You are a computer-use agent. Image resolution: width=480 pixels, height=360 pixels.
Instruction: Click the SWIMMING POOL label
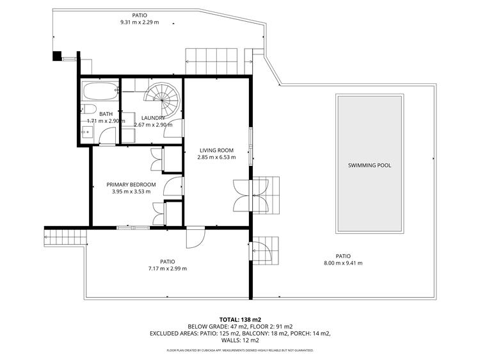369,165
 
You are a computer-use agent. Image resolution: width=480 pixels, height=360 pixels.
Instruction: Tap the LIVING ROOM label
216,151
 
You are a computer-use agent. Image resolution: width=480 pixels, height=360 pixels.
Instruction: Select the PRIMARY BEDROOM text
131,184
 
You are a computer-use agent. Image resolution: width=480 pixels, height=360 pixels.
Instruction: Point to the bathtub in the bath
100,91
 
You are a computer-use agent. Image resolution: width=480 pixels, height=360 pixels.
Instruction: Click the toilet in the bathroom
88,109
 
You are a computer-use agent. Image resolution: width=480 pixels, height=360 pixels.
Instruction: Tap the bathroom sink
87,132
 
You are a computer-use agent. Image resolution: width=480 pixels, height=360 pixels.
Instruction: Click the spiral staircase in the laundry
163,99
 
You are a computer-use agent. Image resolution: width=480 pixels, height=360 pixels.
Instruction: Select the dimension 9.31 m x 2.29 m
140,22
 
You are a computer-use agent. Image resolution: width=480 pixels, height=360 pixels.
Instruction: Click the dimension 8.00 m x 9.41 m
343,263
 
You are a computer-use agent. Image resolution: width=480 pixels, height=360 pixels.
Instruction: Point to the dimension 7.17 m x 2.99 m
168,268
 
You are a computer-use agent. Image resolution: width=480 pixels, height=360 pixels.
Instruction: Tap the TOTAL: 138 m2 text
240,320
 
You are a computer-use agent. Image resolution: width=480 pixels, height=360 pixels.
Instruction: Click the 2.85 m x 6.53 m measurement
216,158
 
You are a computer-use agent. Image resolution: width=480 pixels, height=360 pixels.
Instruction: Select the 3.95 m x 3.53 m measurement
131,192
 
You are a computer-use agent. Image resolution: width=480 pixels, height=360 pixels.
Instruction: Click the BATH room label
106,114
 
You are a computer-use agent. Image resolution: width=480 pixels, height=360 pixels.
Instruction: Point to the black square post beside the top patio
57,56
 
